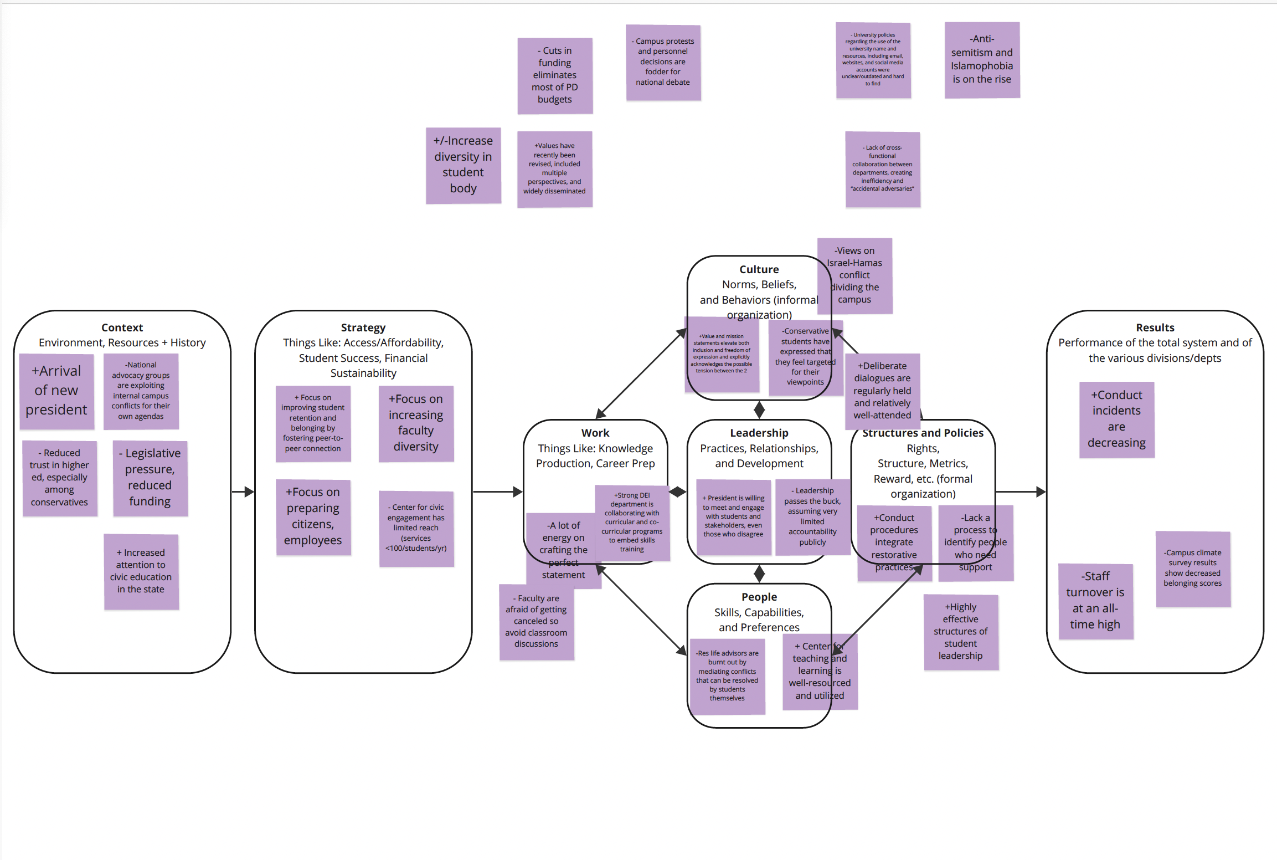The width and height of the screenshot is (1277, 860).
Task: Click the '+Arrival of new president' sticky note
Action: coord(56,391)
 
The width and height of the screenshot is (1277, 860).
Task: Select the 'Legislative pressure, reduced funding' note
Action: coord(150,478)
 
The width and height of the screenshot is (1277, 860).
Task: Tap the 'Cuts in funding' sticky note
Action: coord(555,75)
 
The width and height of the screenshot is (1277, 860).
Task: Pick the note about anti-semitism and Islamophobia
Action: coord(982,59)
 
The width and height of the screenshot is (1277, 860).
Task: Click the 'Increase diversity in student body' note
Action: coord(463,165)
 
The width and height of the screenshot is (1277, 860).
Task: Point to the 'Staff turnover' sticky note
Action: coord(1095,601)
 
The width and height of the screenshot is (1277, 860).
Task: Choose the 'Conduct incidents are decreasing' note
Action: coord(1116,419)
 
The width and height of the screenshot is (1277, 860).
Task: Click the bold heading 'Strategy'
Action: coord(363,327)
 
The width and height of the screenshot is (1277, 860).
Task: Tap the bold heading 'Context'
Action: coord(122,327)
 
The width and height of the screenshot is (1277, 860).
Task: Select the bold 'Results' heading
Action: coord(1155,327)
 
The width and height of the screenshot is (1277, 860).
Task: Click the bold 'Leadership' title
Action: coord(759,433)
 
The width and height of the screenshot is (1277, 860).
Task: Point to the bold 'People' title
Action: coord(759,597)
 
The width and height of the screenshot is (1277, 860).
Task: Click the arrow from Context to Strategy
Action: coord(243,492)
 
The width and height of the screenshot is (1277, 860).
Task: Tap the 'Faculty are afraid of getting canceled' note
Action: coord(536,621)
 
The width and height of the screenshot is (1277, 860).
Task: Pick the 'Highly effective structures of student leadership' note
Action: coord(961,632)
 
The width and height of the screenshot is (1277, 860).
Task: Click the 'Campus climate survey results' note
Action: coord(1193,568)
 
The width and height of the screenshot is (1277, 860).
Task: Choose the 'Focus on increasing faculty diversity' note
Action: coord(416,423)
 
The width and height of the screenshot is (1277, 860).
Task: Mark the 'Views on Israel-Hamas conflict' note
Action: coord(854,275)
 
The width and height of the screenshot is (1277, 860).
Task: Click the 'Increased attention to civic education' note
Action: coord(141,571)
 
